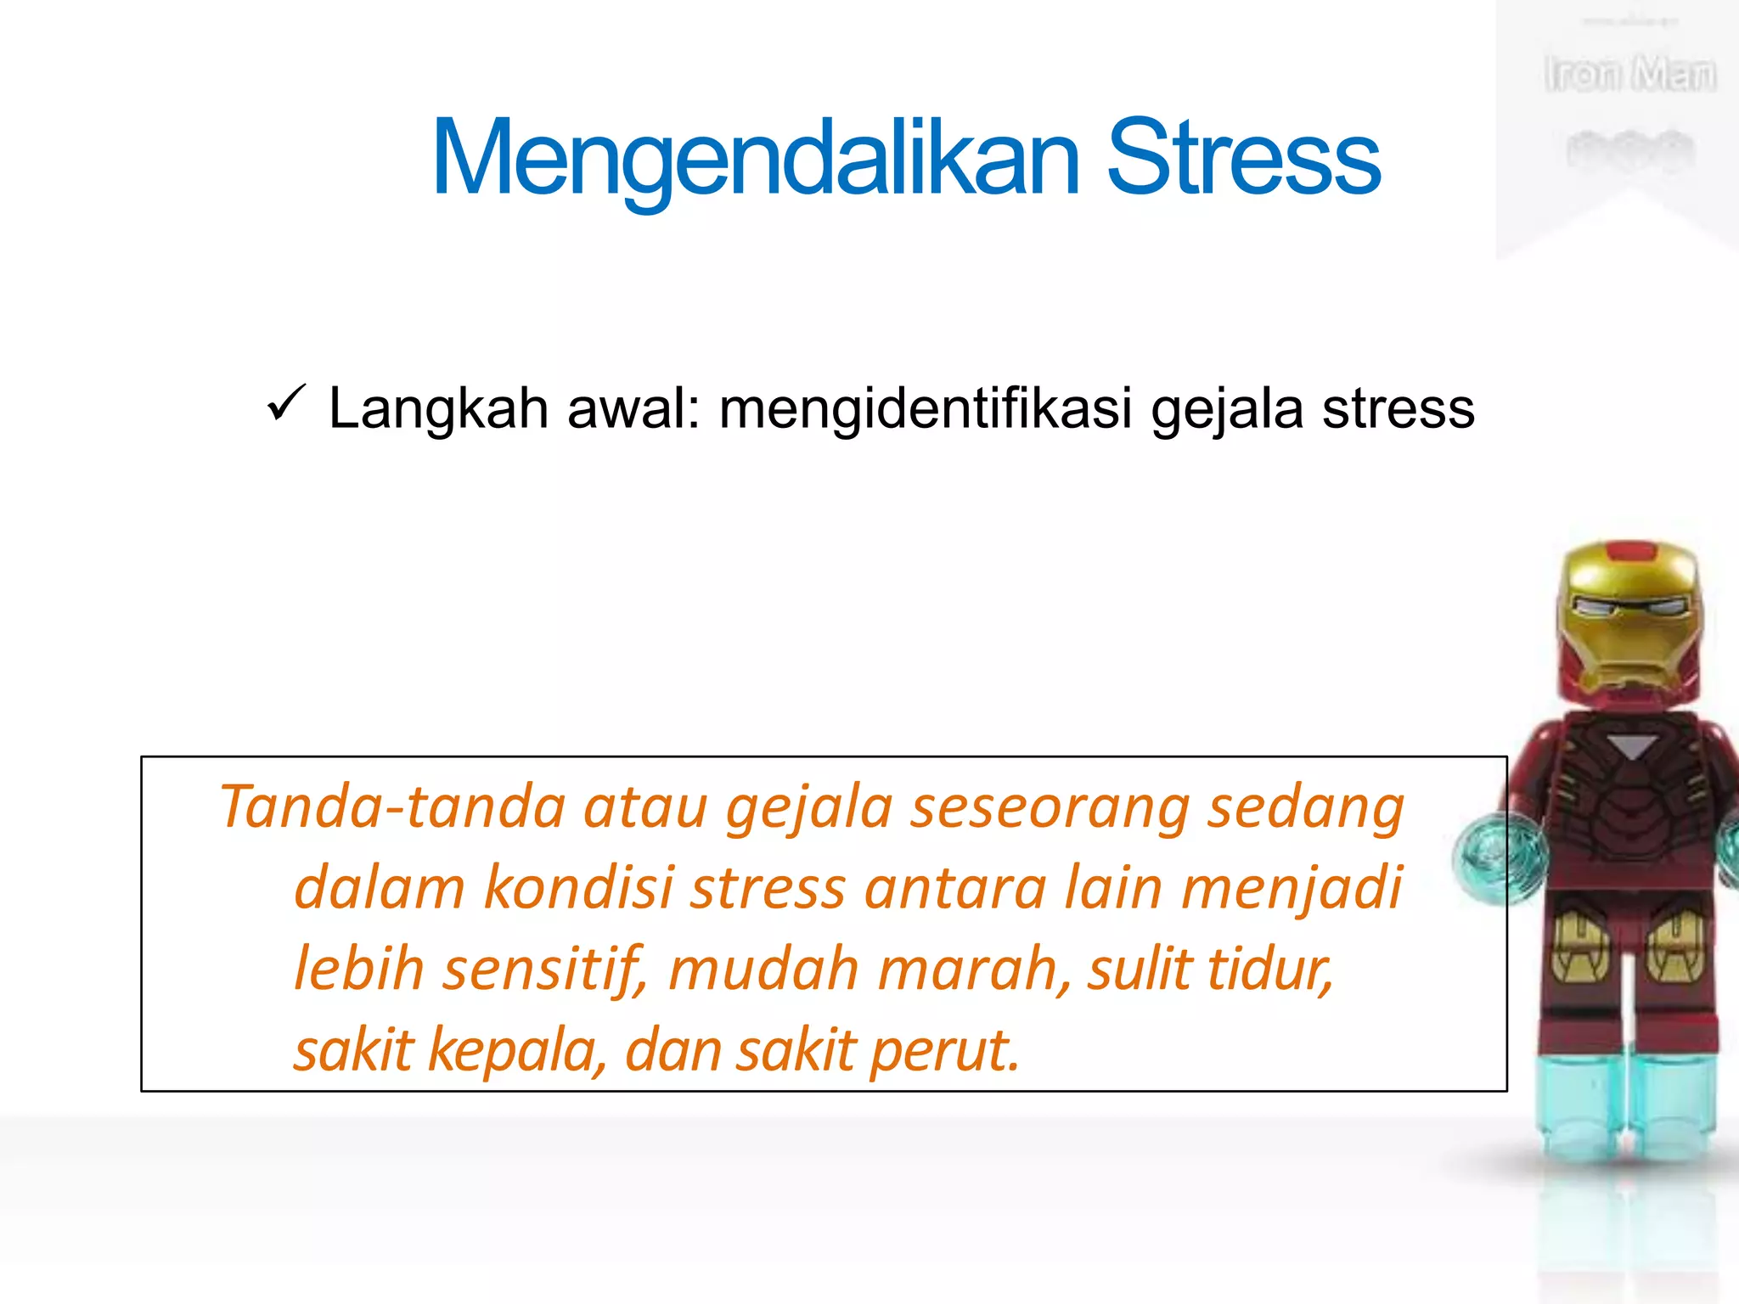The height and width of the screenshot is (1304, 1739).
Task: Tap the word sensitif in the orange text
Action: point(543,970)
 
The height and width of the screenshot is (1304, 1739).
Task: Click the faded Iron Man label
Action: point(1629,75)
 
